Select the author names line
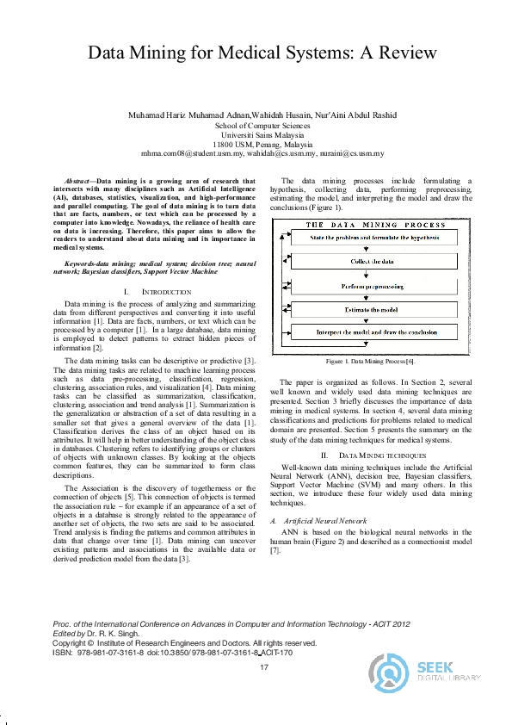pyautogui.click(x=262, y=115)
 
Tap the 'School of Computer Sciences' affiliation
pyautogui.click(x=262, y=126)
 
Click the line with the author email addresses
pyautogui.click(x=262, y=154)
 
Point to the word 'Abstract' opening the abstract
pyautogui.click(x=77, y=182)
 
